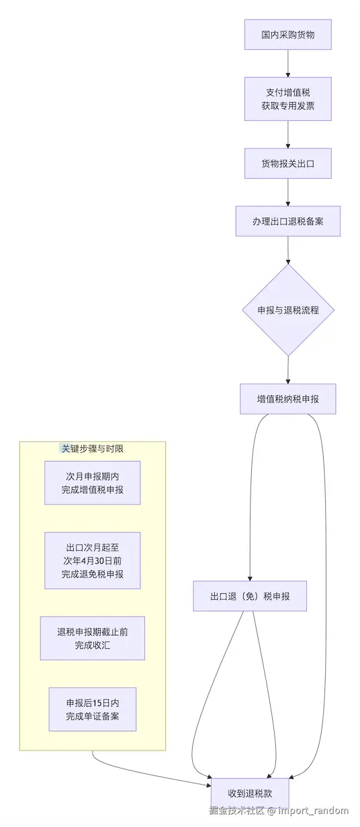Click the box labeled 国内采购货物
coord(287,34)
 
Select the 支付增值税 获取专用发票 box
coord(287,99)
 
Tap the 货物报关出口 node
coord(287,163)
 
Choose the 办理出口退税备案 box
coord(287,221)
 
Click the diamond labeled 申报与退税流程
coord(287,310)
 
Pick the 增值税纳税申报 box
coord(287,399)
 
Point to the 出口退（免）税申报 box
coord(250,596)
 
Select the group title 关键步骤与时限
coord(92,448)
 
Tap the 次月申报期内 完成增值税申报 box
coord(93,482)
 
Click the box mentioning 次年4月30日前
coord(93,560)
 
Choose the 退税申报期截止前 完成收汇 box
coord(93,638)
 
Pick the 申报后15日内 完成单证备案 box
coord(93,709)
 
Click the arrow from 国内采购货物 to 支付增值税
coord(287,63)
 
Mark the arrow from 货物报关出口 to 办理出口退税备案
coord(287,192)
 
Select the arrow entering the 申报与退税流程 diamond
coord(287,250)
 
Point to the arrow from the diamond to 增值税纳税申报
coord(287,369)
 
